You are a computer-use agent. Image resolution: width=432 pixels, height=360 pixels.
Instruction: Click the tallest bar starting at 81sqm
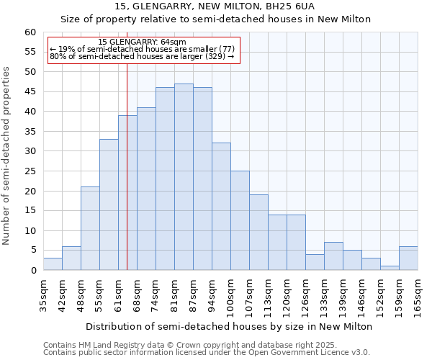coord(184,177)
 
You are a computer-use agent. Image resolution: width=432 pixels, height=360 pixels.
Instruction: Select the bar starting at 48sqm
coord(90,228)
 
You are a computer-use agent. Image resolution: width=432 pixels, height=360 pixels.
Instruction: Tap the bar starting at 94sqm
coord(221,207)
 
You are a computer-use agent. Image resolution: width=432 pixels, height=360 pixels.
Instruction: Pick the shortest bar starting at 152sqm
coord(390,268)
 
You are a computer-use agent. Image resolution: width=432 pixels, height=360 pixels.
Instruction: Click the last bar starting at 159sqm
coord(408,258)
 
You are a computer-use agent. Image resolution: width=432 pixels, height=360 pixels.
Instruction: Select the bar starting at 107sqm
coord(258,233)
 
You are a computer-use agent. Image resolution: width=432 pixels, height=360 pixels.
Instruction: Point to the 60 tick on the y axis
coord(30,32)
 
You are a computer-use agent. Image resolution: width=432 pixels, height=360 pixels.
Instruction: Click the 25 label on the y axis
coord(30,171)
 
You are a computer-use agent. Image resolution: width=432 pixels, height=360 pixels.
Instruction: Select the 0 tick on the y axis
coord(33,271)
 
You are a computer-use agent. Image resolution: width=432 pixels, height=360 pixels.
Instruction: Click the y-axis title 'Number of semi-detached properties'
coord(7,156)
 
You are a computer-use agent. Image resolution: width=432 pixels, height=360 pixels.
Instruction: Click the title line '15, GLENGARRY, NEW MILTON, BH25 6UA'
coord(215,6)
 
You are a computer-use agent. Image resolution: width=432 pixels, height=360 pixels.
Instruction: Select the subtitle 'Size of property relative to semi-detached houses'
coord(215,19)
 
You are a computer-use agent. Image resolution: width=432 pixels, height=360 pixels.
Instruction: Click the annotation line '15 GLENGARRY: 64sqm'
coord(142,42)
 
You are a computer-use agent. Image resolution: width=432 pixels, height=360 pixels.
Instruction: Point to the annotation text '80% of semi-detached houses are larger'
coord(142,56)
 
